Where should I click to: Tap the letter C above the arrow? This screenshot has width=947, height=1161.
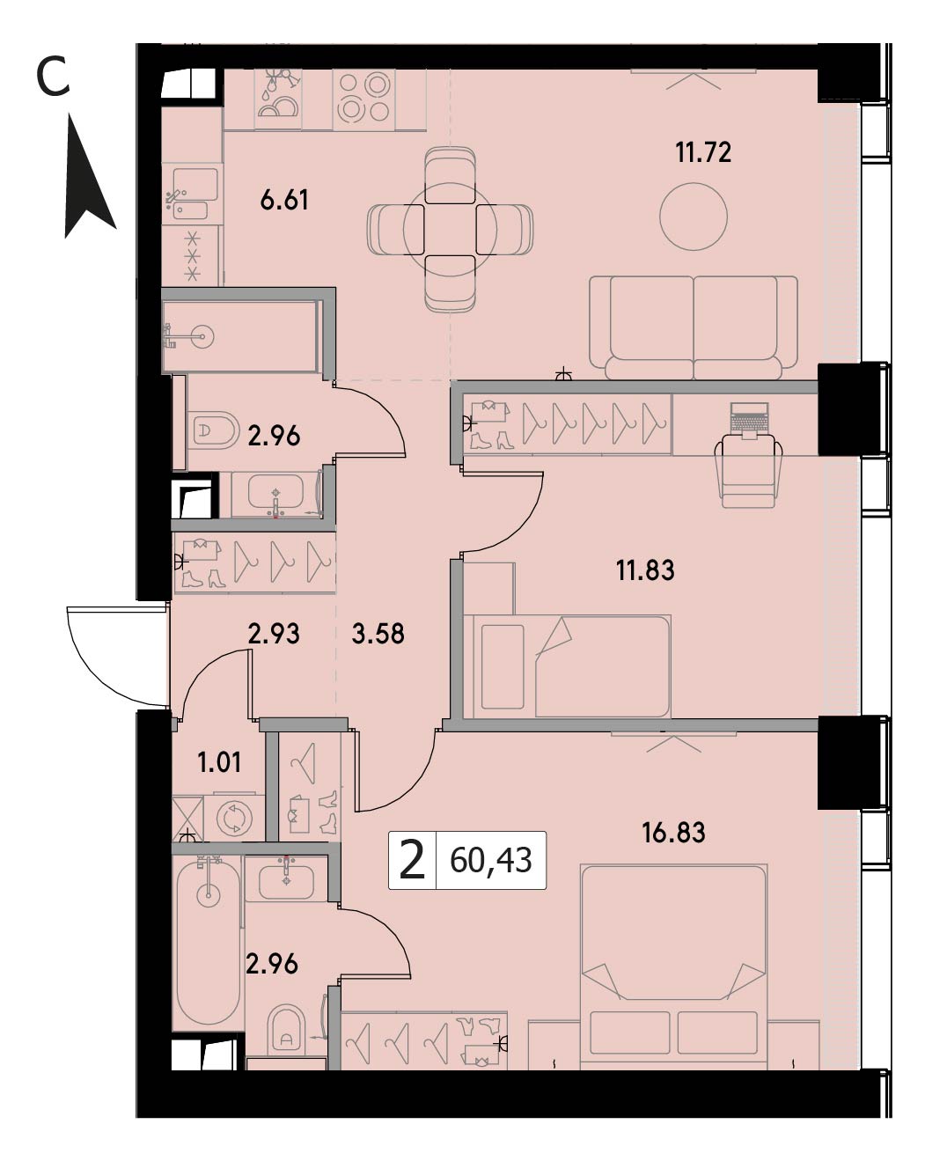pyautogui.click(x=53, y=77)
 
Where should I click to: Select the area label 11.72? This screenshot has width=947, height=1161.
pyautogui.click(x=703, y=152)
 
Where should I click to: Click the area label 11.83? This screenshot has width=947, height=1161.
pyautogui.click(x=645, y=570)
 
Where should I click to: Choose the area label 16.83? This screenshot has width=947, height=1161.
pyautogui.click(x=673, y=833)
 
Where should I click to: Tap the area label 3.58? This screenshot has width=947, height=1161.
pyautogui.click(x=378, y=634)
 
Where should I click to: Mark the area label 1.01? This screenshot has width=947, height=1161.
pyautogui.click(x=219, y=763)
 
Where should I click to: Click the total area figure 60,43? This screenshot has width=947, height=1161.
pyautogui.click(x=491, y=861)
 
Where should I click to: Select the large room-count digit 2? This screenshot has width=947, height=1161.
pyautogui.click(x=413, y=861)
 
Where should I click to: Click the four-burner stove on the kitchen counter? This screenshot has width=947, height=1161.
pyautogui.click(x=364, y=99)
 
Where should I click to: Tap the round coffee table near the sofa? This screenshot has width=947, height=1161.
pyautogui.click(x=694, y=217)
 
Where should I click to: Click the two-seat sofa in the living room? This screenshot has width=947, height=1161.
pyautogui.click(x=694, y=328)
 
